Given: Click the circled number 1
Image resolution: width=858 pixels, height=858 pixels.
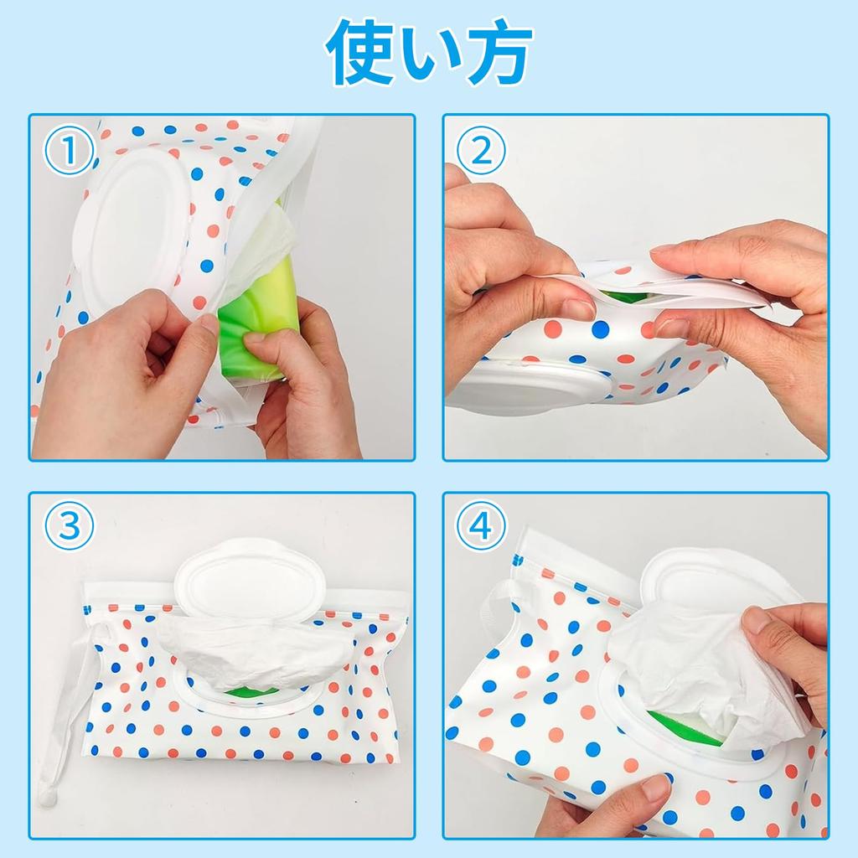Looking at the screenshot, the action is (x=69, y=151).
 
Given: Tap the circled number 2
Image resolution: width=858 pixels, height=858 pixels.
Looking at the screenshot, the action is (x=481, y=151).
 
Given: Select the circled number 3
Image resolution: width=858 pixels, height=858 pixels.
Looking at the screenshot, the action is (x=69, y=526).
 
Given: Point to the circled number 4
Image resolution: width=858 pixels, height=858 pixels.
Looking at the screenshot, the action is (x=481, y=526).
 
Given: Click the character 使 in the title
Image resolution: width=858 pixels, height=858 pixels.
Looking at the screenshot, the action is (x=360, y=52).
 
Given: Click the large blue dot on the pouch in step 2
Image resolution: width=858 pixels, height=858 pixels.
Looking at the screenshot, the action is (x=600, y=329).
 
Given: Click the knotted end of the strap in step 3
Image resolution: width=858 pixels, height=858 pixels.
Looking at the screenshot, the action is (x=47, y=794).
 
